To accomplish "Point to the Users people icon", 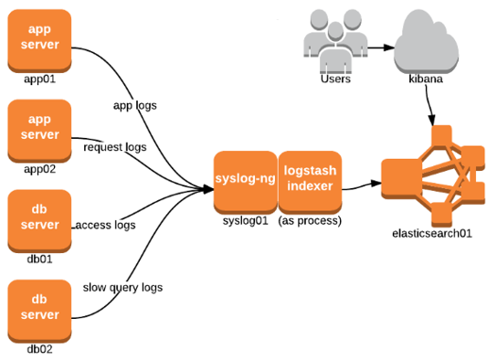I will (x=335, y=41).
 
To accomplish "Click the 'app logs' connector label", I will (x=134, y=105).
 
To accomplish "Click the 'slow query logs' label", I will (x=122, y=287).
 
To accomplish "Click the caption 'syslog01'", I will (x=244, y=221).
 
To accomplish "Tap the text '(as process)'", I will (x=310, y=221).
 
